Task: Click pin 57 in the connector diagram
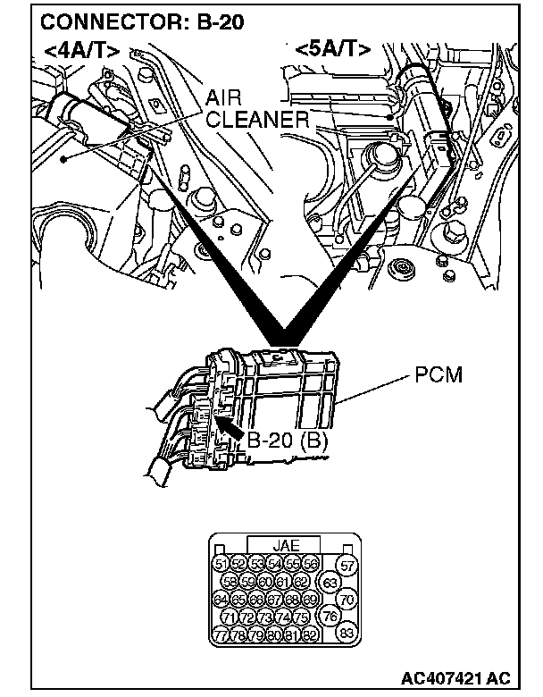pyautogui.click(x=348, y=566)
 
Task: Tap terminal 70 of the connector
pyautogui.click(x=348, y=600)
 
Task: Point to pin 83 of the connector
pyautogui.click(x=348, y=634)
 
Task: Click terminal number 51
pyautogui.click(x=221, y=564)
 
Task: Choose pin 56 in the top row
pyautogui.click(x=310, y=564)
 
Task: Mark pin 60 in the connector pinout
pyautogui.click(x=265, y=582)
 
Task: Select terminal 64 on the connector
pyautogui.click(x=221, y=599)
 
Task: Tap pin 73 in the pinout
pyautogui.click(x=265, y=617)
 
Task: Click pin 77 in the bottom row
pyautogui.click(x=221, y=634)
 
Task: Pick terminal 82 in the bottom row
pyautogui.click(x=310, y=634)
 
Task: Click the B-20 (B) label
pyautogui.click(x=288, y=440)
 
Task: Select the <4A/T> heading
pyautogui.click(x=79, y=51)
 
